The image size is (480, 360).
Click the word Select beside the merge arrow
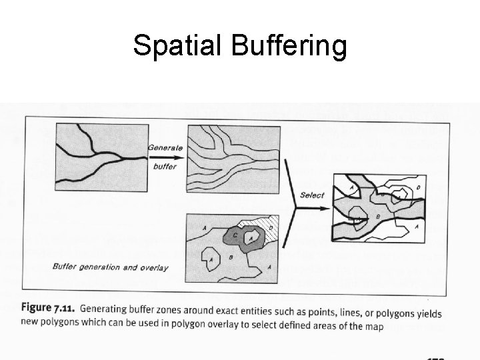click(x=312, y=195)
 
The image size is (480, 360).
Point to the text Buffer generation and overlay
click(x=110, y=267)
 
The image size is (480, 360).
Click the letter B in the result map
click(x=379, y=217)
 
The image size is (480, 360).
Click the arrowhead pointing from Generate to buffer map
click(x=181, y=157)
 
